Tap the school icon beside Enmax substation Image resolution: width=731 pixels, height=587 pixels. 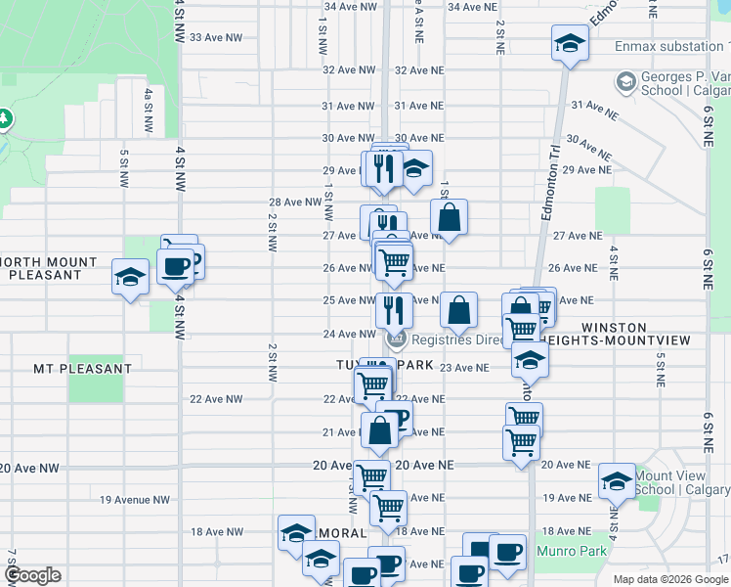click(568, 44)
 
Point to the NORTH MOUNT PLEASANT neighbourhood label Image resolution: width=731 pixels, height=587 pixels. click(51, 268)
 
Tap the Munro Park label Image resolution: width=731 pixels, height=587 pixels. click(572, 551)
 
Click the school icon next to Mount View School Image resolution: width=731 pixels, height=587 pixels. click(617, 481)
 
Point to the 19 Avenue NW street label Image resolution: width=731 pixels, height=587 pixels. click(135, 500)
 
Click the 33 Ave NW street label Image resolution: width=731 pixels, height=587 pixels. click(215, 37)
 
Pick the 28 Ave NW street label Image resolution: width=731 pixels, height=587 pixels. click(294, 203)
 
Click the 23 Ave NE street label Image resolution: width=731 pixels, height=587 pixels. click(464, 368)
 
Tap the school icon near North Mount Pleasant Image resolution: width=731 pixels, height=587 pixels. click(129, 277)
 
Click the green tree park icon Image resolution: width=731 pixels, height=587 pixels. click(4, 118)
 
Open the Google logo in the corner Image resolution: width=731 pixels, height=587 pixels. click(32, 575)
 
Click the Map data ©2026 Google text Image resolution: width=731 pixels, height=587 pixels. click(670, 579)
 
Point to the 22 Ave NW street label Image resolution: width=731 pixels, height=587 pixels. click(216, 399)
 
